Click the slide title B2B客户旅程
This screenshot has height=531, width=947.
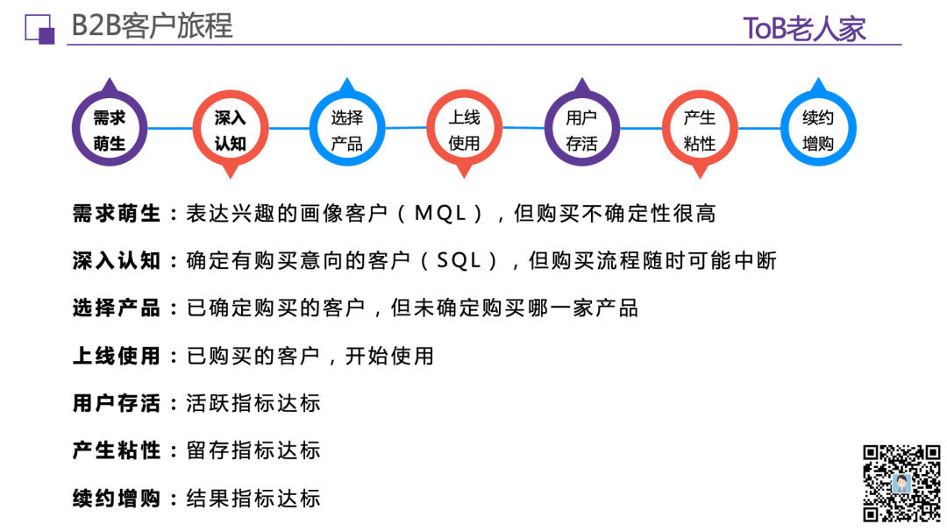point(152,26)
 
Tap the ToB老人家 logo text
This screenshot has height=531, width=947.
point(804,28)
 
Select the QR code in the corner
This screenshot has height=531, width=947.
point(901,484)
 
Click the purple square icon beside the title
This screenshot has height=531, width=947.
point(39,29)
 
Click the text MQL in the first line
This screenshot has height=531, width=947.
point(440,213)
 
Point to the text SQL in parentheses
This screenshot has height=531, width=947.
point(459,260)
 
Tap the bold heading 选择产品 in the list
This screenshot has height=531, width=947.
point(116,308)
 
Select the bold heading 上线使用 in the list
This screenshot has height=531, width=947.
point(116,356)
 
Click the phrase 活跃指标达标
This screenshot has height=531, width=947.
point(253,403)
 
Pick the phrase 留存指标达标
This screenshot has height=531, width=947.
point(253,450)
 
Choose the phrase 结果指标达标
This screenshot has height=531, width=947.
point(253,499)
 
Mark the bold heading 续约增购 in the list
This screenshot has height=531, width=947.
point(116,499)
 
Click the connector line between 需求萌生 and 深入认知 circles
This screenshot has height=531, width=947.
point(170,128)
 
